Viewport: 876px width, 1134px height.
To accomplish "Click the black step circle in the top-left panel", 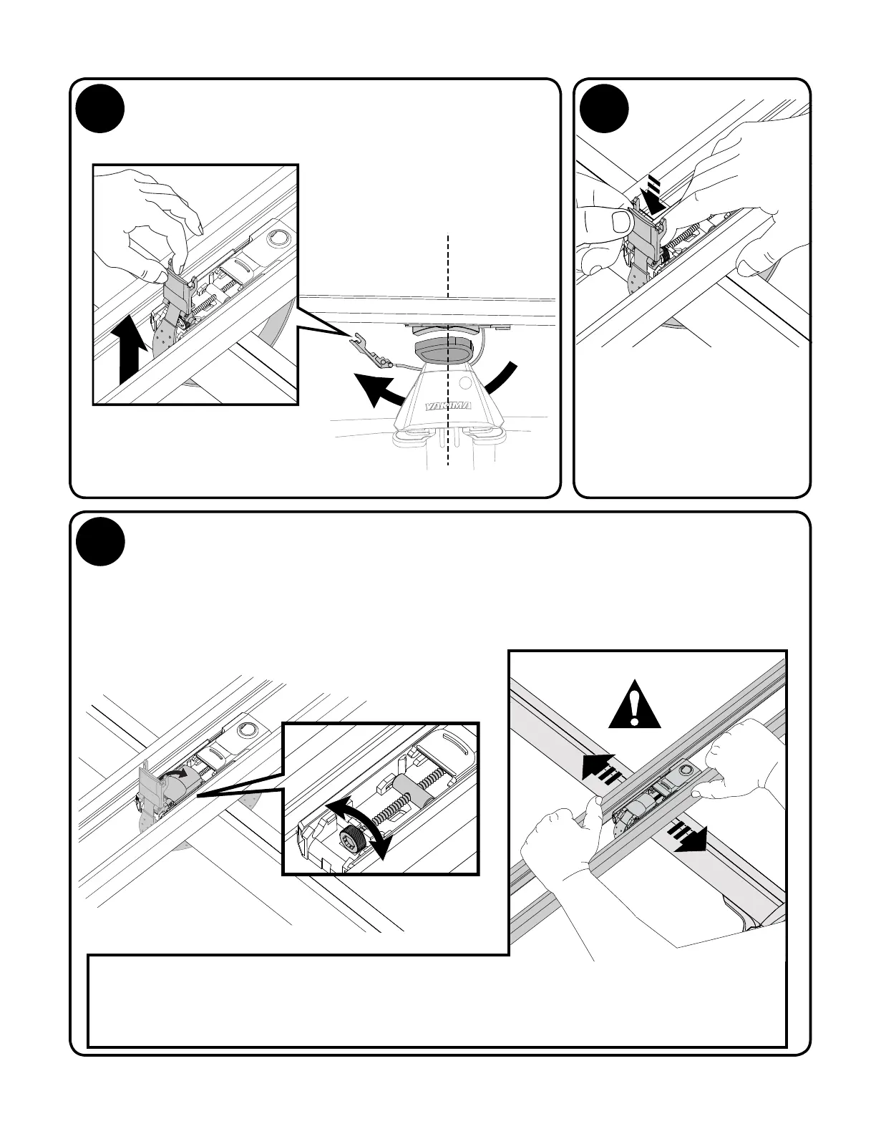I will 101,109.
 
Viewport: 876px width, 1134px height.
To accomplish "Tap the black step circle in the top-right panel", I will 605,109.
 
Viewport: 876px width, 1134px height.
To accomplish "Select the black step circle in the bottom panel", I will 101,541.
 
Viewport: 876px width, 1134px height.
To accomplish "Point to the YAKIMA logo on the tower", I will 449,407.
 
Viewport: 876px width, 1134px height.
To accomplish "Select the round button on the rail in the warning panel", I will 686,769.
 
